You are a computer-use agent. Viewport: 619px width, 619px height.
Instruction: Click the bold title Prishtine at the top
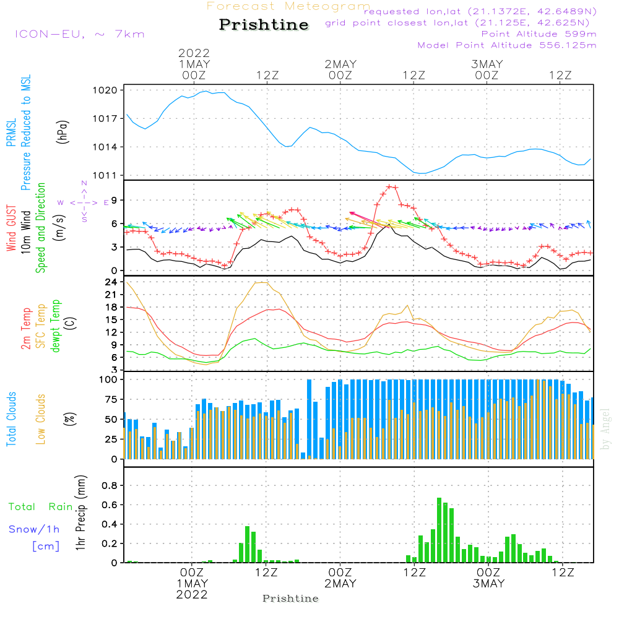pos(264,25)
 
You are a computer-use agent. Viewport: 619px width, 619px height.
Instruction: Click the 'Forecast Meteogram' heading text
pos(288,6)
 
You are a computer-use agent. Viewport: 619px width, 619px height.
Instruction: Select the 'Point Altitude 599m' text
pos(539,34)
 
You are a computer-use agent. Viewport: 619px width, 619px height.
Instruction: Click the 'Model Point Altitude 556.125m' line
pos(507,45)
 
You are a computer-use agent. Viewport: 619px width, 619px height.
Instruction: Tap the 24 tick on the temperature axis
pos(112,282)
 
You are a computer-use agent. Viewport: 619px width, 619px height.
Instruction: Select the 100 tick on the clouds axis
pos(109,379)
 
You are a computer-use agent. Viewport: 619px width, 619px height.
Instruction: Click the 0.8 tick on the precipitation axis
pos(110,486)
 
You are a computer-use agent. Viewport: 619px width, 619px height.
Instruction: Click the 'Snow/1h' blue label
pos(35,529)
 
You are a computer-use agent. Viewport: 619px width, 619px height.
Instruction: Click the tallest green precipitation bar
pos(439,530)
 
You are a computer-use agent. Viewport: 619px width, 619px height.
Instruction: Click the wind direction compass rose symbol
pos(84,202)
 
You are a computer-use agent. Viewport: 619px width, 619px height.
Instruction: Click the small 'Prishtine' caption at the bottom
pos(290,599)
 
